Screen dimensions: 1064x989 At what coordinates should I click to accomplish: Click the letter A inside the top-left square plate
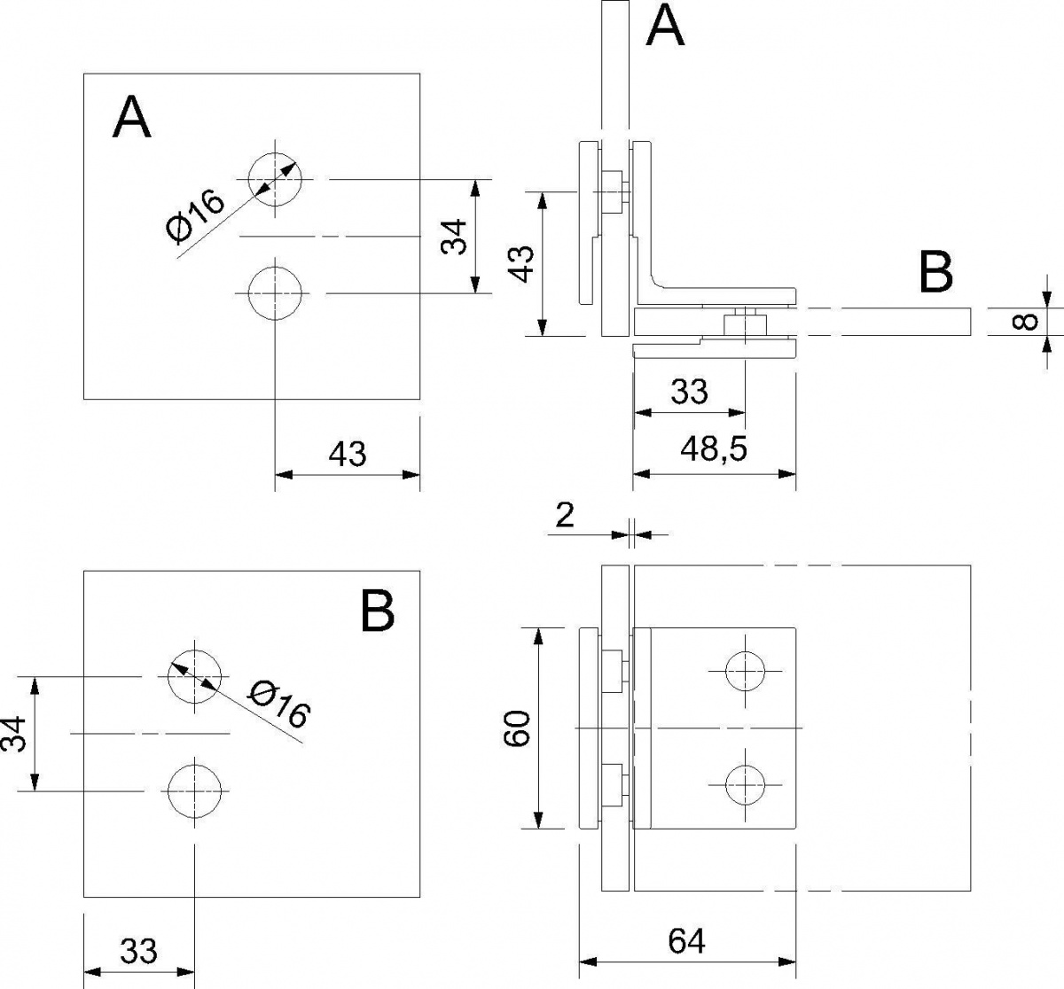point(132,117)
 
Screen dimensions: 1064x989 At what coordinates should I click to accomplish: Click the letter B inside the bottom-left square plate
point(378,611)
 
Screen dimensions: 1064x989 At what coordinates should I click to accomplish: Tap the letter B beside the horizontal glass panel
point(936,271)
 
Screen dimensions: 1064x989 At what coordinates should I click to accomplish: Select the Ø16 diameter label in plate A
point(195,217)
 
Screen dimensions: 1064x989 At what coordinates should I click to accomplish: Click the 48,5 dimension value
point(713,448)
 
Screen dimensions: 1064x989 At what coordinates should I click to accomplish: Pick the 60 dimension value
point(517,728)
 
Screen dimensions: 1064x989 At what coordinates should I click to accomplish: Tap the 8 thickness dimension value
point(1026,322)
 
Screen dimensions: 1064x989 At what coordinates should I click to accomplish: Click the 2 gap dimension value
point(565,515)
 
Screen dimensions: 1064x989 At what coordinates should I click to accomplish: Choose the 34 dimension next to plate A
point(454,237)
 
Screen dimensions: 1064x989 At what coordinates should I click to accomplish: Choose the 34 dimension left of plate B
point(13,734)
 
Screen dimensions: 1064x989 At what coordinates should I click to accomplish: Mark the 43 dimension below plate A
point(348,454)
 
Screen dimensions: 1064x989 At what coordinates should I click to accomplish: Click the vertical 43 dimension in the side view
point(520,263)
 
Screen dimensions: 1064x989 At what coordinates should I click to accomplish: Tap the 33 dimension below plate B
point(138,951)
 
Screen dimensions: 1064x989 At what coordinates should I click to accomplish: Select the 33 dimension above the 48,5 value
point(690,391)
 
